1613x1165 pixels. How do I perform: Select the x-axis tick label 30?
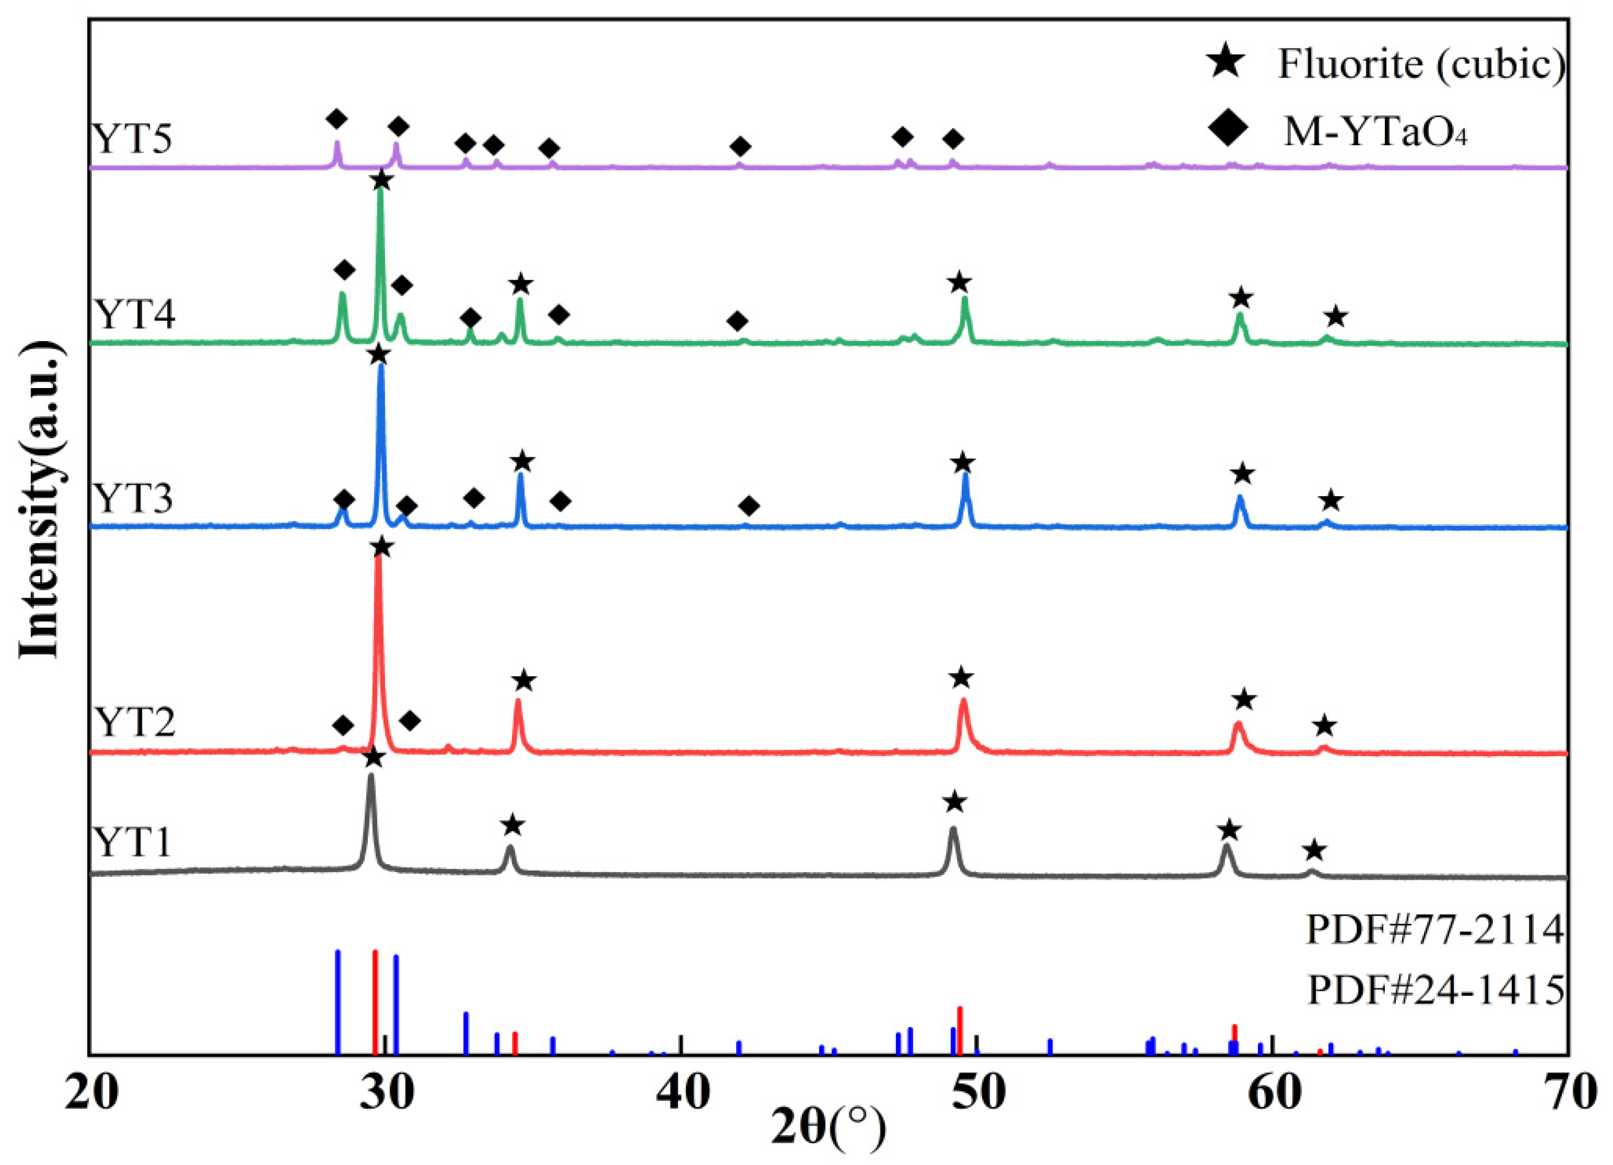[386, 1094]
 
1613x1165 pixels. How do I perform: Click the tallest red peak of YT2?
[378, 562]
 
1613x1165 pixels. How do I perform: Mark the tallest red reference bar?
[375, 1003]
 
